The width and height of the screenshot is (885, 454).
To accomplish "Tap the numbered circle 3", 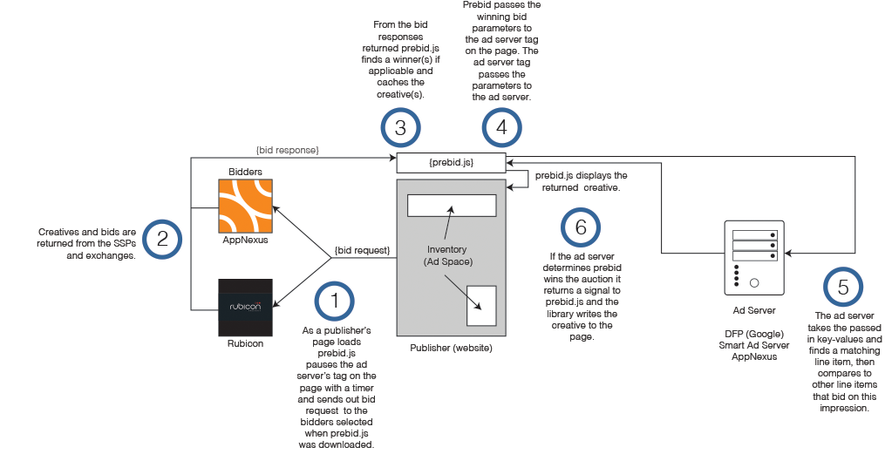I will tap(400, 128).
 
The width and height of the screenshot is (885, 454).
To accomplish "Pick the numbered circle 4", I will tap(500, 128).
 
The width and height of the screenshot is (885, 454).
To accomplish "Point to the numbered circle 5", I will tap(842, 288).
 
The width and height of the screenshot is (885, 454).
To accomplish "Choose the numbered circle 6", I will tap(581, 227).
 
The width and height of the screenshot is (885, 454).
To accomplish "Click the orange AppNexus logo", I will tap(245, 207).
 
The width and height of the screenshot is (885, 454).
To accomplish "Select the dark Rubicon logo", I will tap(245, 308).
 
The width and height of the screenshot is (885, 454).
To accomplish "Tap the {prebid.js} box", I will tap(451, 163).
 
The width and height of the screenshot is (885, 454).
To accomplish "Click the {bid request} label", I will tap(361, 251).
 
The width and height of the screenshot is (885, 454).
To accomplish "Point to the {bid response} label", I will tap(288, 151).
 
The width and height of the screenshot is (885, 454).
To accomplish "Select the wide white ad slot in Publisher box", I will tap(452, 206).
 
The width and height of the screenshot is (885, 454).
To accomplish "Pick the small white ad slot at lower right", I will tap(481, 305).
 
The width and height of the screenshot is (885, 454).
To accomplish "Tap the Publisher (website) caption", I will tap(451, 349).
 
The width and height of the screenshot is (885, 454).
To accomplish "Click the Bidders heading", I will tap(245, 172).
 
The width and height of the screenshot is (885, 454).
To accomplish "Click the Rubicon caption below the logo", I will tap(245, 343).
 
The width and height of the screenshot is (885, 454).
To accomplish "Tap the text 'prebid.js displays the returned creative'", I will tap(580, 181).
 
